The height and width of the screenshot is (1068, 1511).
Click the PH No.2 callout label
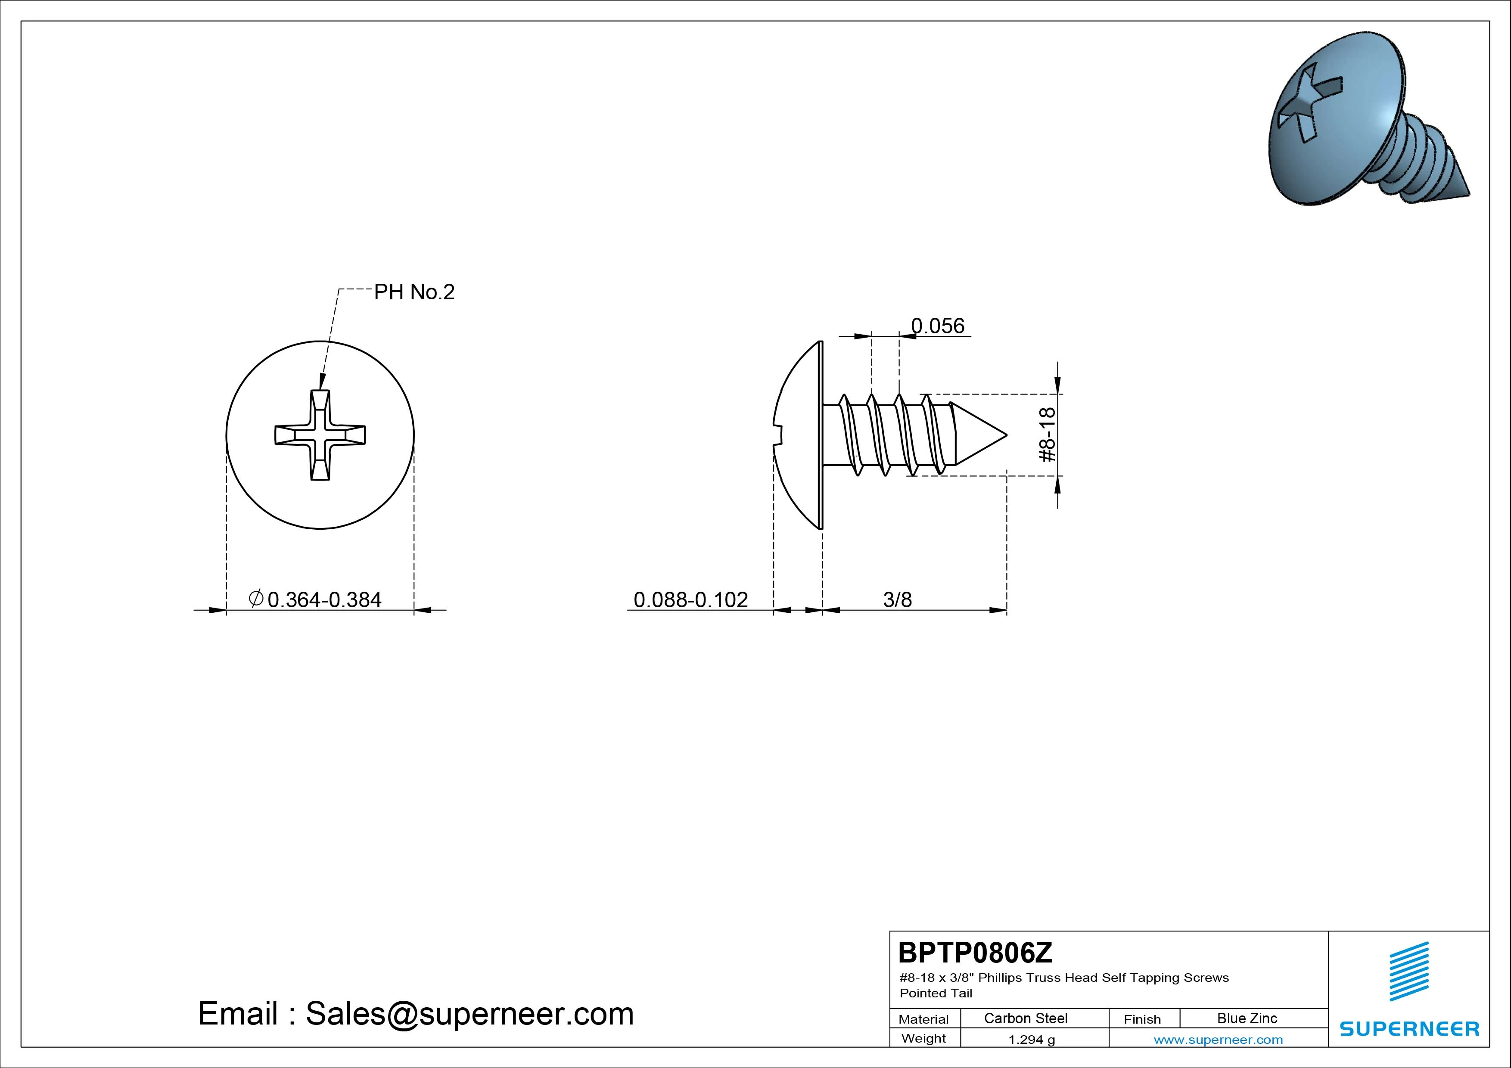[414, 292]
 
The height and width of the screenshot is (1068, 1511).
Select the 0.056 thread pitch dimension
[937, 326]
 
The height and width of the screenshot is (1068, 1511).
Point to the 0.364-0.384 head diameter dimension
[315, 599]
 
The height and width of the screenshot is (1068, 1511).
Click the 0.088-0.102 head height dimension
[690, 599]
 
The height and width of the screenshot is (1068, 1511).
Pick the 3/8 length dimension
[898, 599]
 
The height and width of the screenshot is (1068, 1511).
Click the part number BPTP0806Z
[975, 952]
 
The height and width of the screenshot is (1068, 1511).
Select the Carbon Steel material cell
[1025, 1018]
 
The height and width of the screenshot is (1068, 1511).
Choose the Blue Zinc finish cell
[1247, 1018]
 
